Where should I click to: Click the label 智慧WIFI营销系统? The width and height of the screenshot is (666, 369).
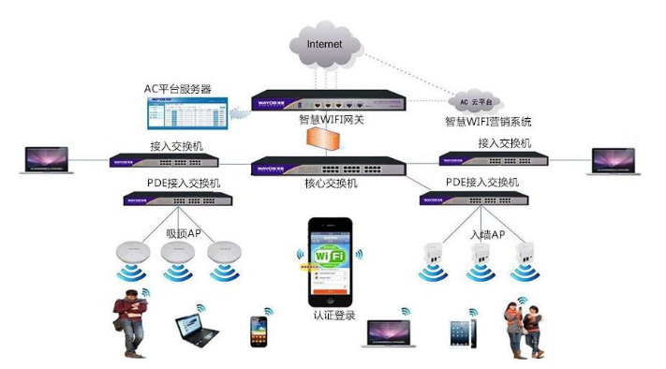pyautogui.click(x=488, y=122)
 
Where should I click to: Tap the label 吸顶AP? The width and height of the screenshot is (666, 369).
pyautogui.click(x=183, y=233)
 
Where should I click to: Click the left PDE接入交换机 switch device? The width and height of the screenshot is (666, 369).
pyautogui.click(x=176, y=199)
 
